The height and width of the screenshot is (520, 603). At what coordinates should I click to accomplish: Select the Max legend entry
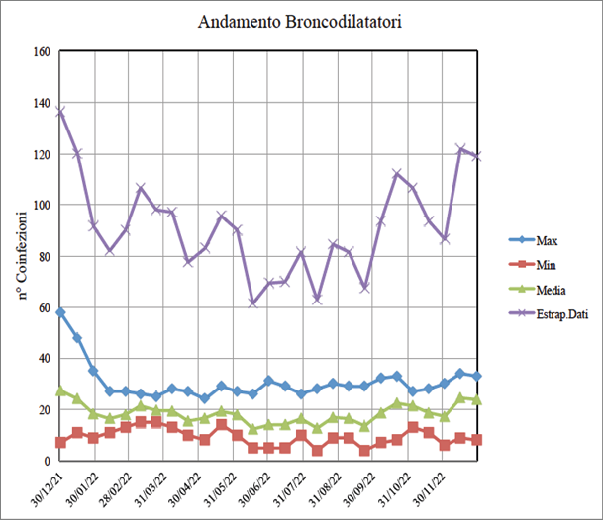547,239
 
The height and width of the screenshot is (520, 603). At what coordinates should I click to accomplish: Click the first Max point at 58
60,312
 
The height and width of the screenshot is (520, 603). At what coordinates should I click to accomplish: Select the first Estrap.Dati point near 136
60,112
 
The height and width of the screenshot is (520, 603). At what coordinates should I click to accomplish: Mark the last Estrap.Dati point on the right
477,156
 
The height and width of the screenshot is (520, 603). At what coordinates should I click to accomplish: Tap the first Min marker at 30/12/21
60,442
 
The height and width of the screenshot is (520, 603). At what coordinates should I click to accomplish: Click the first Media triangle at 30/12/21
60,390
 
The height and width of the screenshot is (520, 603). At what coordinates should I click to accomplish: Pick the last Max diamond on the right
477,377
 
